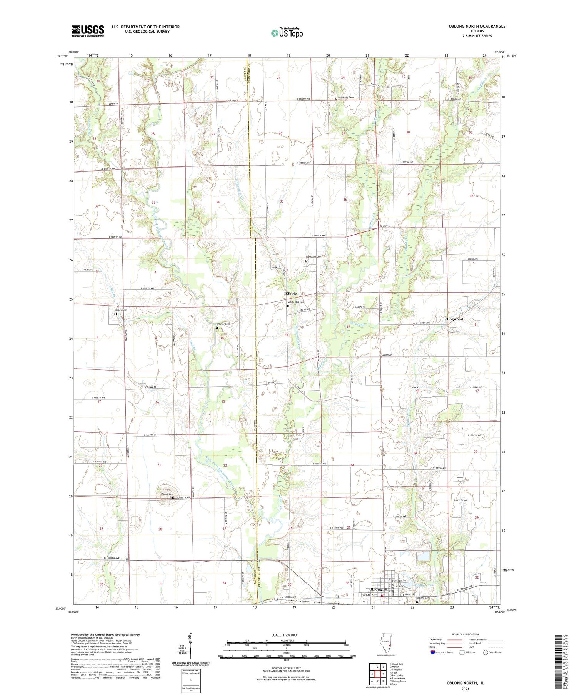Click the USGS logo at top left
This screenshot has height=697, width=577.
[x=88, y=31]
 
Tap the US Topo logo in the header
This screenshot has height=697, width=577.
[x=287, y=33]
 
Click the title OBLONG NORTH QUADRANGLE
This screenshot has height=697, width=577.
[x=477, y=26]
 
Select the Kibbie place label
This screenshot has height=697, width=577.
[x=291, y=293]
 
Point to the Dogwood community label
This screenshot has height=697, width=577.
[x=455, y=319]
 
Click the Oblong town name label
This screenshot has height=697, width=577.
[x=375, y=589]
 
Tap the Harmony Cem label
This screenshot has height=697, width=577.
[x=345, y=98]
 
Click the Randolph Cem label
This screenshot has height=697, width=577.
[x=313, y=257]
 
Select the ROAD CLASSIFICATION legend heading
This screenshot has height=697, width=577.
[x=465, y=634]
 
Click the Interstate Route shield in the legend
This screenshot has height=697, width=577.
[x=433, y=652]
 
